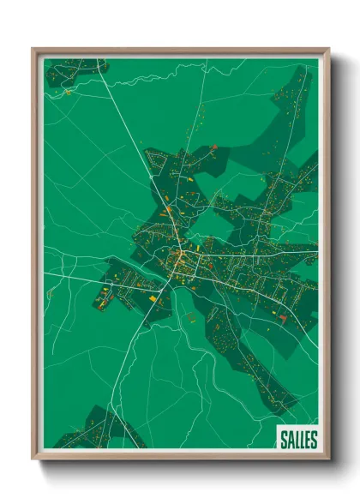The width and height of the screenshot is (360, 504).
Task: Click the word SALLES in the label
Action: [297, 440]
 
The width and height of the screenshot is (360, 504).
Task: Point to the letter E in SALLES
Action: [307, 440]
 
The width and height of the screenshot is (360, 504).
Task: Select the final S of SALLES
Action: [314, 440]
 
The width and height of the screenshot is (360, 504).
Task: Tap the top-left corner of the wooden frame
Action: [33, 50]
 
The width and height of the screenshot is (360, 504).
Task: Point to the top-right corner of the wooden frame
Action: [328, 50]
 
